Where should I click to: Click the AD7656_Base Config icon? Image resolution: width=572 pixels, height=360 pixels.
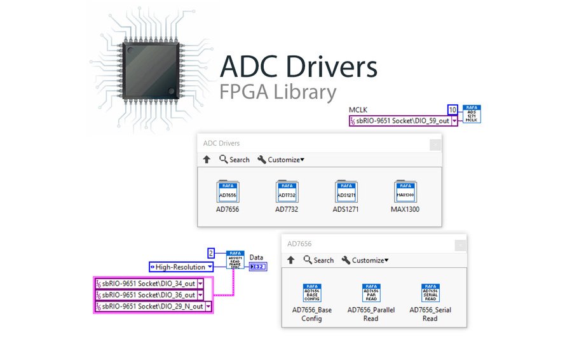[312, 293]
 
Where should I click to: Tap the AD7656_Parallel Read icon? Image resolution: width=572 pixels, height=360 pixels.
[371, 293]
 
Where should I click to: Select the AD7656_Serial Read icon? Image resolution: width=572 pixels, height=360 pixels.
[430, 293]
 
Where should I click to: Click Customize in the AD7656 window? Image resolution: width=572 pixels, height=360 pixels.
[365, 260]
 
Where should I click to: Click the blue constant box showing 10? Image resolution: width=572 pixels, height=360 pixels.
[453, 109]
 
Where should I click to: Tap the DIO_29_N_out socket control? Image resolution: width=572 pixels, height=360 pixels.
[153, 307]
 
